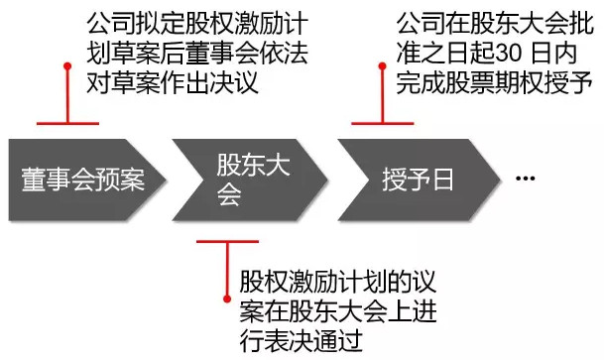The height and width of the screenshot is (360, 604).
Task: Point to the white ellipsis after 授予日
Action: (526, 178)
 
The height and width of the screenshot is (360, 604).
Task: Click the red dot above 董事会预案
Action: (67, 66)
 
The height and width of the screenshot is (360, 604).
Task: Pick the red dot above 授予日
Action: (382, 66)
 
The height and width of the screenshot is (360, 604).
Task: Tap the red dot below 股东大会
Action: (227, 299)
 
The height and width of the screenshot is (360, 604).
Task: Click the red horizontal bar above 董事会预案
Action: (67, 123)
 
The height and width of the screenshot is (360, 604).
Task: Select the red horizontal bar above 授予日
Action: (383, 123)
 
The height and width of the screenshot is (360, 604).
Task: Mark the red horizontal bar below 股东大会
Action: (227, 242)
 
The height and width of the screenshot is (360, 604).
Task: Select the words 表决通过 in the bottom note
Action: (313, 340)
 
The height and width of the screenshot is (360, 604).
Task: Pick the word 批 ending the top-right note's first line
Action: (581, 24)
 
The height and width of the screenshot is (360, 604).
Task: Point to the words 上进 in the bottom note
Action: (412, 310)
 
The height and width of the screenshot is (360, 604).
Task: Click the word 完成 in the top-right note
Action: (421, 82)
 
